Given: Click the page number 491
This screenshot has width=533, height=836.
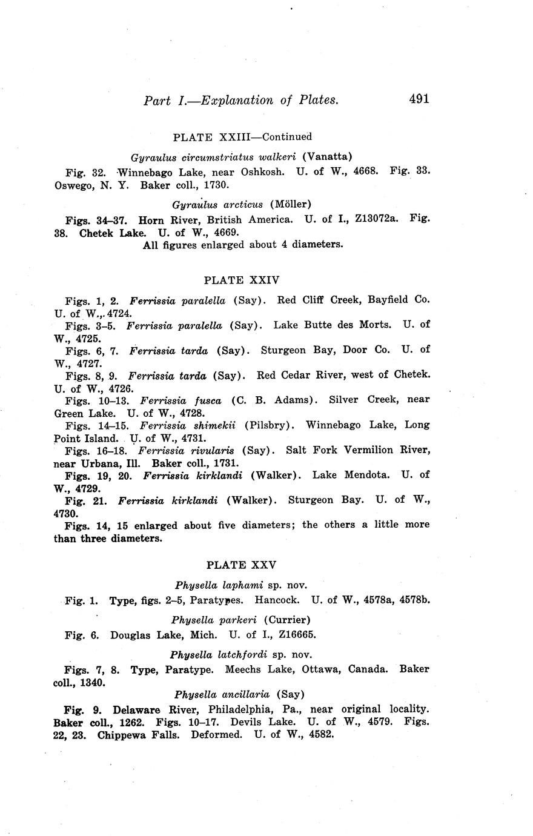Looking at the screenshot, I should pos(419,99).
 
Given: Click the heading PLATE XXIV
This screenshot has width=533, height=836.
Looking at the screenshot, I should pos(242,280).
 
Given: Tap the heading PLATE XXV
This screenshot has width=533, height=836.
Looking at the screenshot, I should pos(241,565).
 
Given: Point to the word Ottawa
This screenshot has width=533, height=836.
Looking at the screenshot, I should pos(328,669).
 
